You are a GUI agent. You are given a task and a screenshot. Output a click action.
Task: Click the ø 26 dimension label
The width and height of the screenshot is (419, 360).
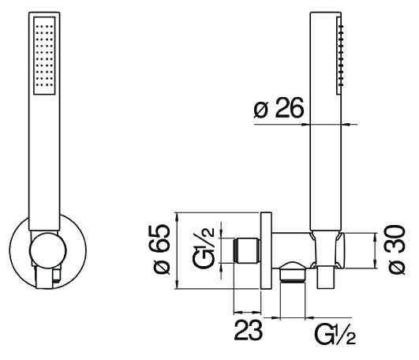click(x=279, y=107)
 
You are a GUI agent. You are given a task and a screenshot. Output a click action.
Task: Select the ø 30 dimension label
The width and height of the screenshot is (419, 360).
click(x=396, y=249)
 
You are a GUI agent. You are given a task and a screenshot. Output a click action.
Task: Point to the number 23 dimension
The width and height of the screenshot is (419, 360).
click(x=249, y=330)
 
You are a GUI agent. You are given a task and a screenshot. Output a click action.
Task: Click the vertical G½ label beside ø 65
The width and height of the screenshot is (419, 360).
click(x=204, y=247)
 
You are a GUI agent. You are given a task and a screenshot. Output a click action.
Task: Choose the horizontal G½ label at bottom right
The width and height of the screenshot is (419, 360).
click(x=335, y=334)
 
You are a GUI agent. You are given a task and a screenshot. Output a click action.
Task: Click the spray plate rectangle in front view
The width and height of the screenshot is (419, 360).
click(x=45, y=55)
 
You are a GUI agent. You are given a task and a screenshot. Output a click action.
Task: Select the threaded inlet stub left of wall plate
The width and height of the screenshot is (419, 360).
click(x=247, y=250)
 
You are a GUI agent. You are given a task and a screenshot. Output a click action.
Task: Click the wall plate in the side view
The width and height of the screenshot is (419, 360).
click(x=266, y=251)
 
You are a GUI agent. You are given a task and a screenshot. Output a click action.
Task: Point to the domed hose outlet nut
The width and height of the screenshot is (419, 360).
click(x=293, y=272)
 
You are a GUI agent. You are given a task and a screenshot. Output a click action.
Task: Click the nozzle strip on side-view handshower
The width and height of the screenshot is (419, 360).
click(x=339, y=55)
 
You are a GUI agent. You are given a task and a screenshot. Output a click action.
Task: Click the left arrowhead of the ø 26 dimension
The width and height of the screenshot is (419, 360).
click(x=305, y=124)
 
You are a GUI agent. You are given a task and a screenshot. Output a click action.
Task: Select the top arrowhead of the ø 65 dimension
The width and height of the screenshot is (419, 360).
click(x=177, y=217)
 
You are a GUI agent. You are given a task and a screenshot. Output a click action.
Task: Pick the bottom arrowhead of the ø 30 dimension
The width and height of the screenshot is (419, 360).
click(x=375, y=264)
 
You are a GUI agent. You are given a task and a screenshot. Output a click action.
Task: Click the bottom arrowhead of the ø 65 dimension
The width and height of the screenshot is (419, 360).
click(x=177, y=284)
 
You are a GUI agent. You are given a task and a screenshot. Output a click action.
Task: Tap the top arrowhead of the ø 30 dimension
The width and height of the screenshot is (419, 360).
click(x=375, y=238)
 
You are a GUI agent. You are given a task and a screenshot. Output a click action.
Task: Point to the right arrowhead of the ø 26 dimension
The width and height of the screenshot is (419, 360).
click(x=346, y=124)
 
